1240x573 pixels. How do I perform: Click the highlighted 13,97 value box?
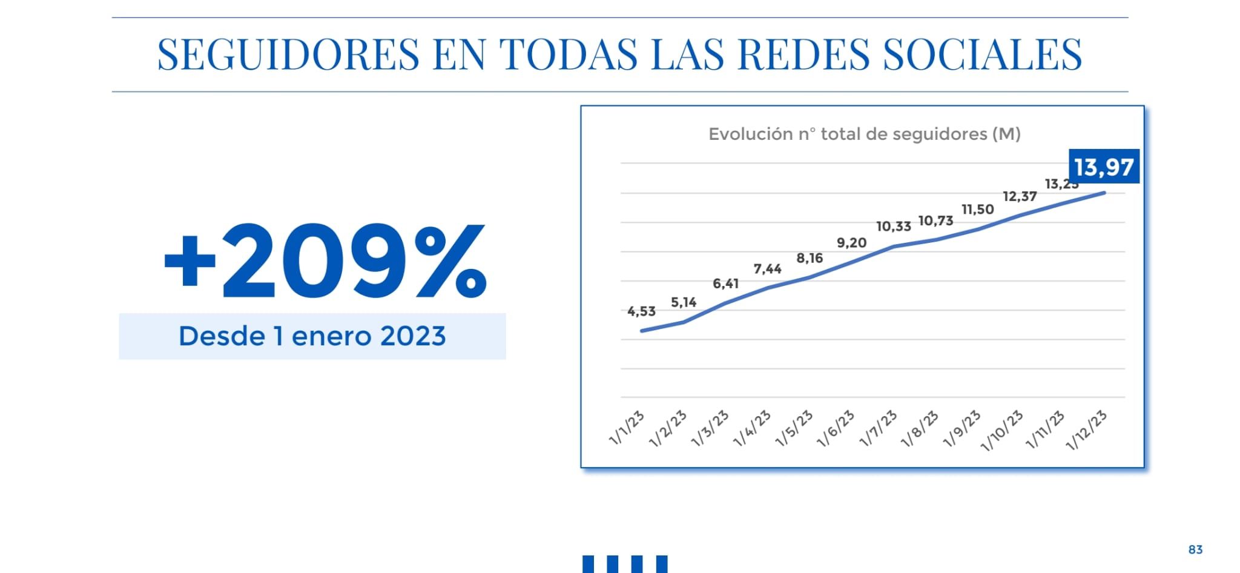pyautogui.click(x=1104, y=167)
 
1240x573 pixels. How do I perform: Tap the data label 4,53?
pyautogui.click(x=641, y=311)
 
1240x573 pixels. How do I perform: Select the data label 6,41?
pyautogui.click(x=725, y=283)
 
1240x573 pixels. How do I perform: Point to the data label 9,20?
pyautogui.click(x=851, y=243)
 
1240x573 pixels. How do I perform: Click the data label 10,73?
pyautogui.click(x=935, y=221)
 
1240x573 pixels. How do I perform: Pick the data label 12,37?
pyautogui.click(x=1020, y=196)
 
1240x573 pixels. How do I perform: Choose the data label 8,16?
pyautogui.click(x=810, y=259)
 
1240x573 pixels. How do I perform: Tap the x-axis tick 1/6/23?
pyautogui.click(x=836, y=428)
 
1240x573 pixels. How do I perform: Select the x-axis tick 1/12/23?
pyautogui.click(x=1087, y=430)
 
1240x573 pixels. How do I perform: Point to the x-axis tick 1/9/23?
pyautogui.click(x=962, y=428)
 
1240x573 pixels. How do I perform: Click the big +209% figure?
pyautogui.click(x=325, y=261)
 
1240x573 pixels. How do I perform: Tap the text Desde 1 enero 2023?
pyautogui.click(x=312, y=336)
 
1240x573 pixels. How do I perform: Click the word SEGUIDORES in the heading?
pyautogui.click(x=288, y=55)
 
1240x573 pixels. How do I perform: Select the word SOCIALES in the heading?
pyautogui.click(x=983, y=55)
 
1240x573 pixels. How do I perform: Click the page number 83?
pyautogui.click(x=1195, y=549)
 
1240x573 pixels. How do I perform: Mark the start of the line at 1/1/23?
pyautogui.click(x=642, y=331)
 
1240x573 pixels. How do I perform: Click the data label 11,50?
pyautogui.click(x=977, y=210)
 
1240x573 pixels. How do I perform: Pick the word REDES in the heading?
pyautogui.click(x=804, y=55)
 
